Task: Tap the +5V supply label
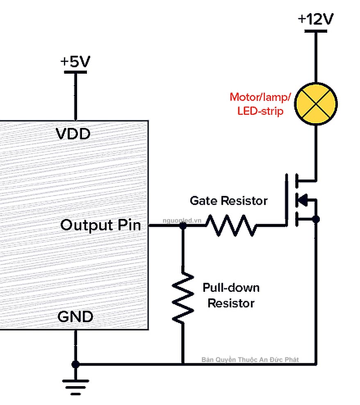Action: [x=75, y=61]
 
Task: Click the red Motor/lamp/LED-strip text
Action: [x=260, y=104]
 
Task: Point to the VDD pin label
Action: [x=73, y=134]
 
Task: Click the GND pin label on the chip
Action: [x=75, y=316]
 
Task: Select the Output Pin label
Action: [x=100, y=225]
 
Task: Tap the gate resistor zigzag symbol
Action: [x=230, y=225]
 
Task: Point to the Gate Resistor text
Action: [x=228, y=201]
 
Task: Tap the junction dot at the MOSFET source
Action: [x=316, y=219]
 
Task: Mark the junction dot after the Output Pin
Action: [x=183, y=225]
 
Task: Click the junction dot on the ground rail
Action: [x=75, y=364]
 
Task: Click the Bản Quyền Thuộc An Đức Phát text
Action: [x=250, y=359]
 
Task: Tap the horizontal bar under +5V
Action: [x=75, y=72]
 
